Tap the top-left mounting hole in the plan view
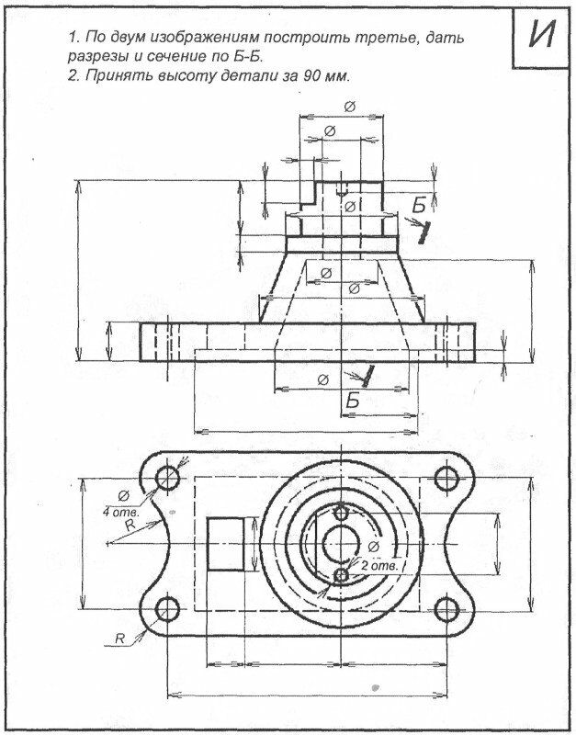point(168,478)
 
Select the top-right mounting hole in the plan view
point(446,478)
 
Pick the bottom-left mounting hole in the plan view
point(168,608)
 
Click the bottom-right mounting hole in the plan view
point(446,608)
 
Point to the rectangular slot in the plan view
point(226,543)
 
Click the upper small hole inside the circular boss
point(342,512)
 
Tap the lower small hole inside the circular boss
point(342,575)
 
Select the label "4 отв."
point(120,511)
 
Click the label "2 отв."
point(378,567)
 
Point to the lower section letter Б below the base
point(352,401)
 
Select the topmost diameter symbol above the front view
point(349,107)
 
